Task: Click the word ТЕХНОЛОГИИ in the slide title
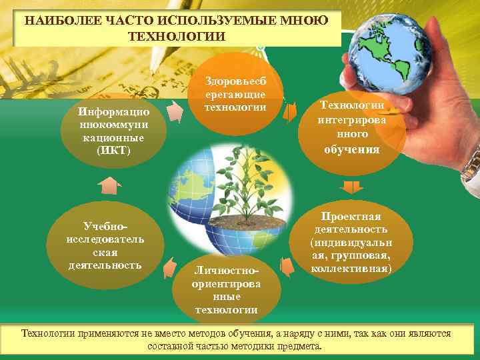tap(177, 35)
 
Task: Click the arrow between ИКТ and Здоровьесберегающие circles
tap(174, 111)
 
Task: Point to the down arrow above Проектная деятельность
tap(349, 187)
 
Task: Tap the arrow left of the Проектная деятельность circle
tap(287, 267)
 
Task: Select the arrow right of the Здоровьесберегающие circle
tap(290, 112)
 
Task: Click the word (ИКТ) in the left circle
tap(114, 151)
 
